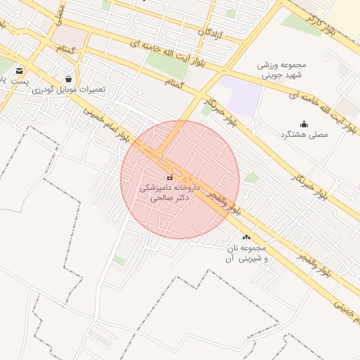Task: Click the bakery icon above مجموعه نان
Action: tap(245, 237)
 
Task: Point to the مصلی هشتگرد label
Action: tap(304, 134)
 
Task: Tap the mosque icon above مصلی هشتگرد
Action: tap(304, 124)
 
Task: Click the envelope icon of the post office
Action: tap(19, 70)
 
